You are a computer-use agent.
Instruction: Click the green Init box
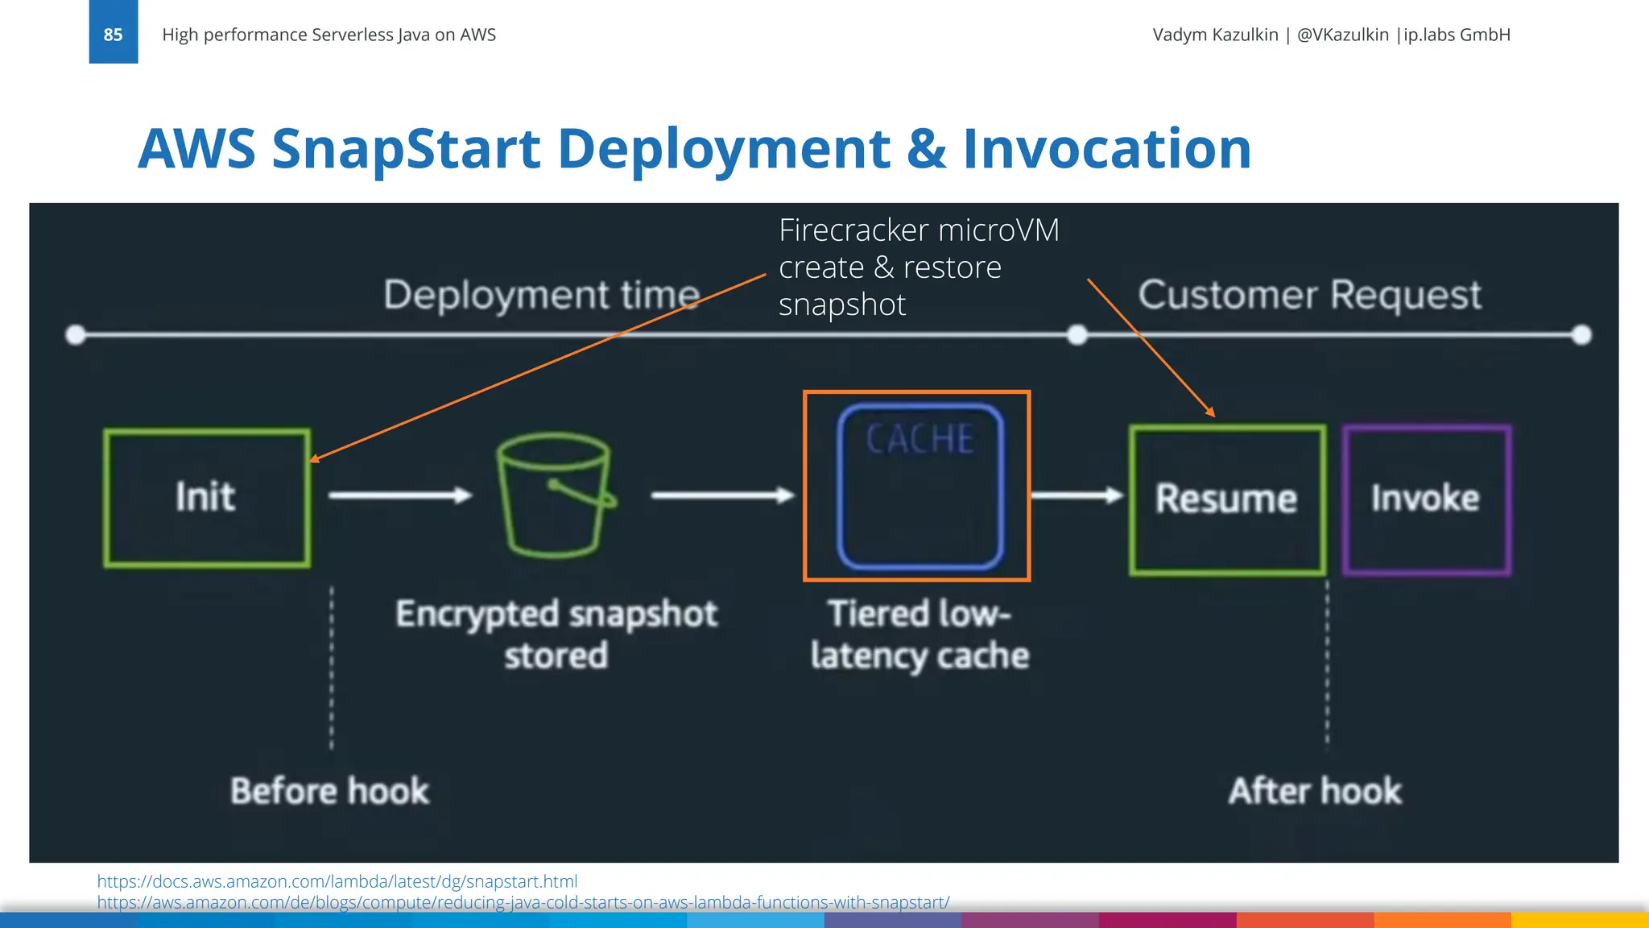click(207, 497)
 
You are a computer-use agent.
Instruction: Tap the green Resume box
click(1226, 499)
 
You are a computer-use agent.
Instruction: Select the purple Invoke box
click(1426, 499)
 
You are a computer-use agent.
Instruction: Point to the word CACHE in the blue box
click(920, 440)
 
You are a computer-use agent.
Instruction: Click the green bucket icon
click(554, 495)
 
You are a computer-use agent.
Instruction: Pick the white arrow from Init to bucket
click(399, 495)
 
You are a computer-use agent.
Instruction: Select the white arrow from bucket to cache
click(721, 495)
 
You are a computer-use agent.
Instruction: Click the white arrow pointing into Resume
click(1077, 495)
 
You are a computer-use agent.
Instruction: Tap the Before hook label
click(329, 791)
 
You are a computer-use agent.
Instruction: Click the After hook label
click(1315, 791)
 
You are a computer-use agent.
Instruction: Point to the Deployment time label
click(541, 295)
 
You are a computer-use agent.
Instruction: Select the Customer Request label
click(1309, 295)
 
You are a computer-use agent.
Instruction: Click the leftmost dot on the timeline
click(76, 334)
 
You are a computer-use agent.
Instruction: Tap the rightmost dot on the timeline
click(1581, 334)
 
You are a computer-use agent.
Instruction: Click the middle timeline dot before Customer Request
click(1077, 334)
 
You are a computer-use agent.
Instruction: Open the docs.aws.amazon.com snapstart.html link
click(337, 881)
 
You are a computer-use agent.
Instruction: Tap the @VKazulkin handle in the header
click(1342, 35)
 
